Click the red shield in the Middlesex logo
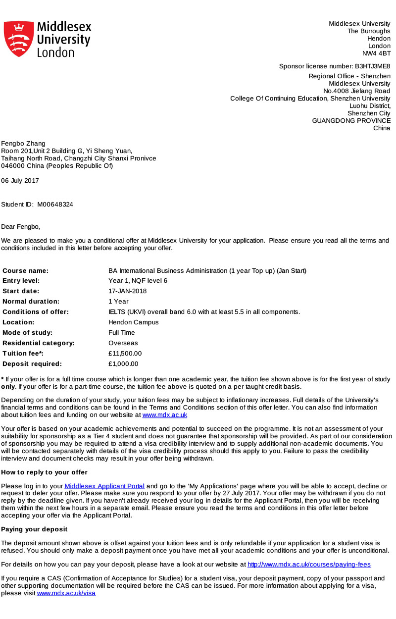pos(19,39)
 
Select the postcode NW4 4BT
pos(376,53)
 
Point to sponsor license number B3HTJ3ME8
pos(372,66)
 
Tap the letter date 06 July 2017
pos(20,181)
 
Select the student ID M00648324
pos(55,205)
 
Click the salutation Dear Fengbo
pos(20,227)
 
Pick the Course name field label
pos(26,271)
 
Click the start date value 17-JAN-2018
pos(127,291)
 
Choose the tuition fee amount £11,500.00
pos(125,354)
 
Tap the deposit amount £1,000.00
pos(123,364)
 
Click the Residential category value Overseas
pos(123,343)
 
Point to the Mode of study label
pos(27,333)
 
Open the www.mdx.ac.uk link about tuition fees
pos(165,415)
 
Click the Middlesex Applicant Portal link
pos(104,487)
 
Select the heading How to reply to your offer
pos(44,472)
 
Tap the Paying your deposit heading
pos(34,529)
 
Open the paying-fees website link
pos(309,565)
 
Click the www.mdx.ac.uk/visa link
pos(66,593)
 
